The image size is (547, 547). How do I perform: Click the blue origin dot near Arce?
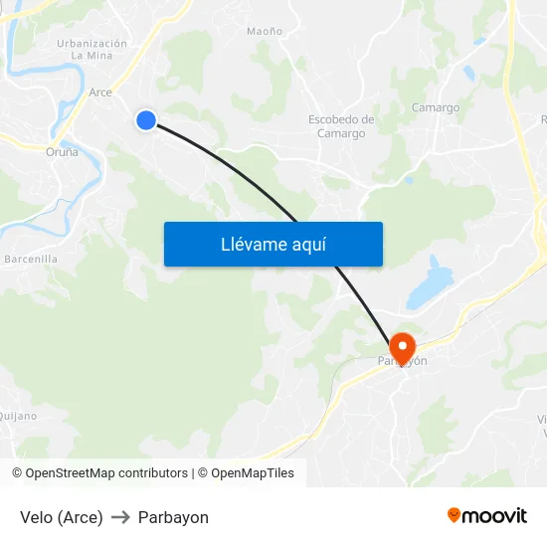(146, 120)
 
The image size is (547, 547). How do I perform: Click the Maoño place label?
(265, 32)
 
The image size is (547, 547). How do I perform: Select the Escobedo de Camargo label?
(341, 126)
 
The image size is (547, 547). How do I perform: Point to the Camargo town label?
(436, 107)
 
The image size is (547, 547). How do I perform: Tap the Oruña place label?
(62, 152)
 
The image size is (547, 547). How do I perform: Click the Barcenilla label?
(31, 259)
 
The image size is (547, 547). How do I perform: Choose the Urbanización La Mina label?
(91, 50)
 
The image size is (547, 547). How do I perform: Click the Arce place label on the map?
(100, 92)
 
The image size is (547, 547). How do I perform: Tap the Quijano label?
(18, 416)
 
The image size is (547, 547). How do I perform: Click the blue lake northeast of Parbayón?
(428, 280)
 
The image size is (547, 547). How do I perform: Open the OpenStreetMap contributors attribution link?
(106, 473)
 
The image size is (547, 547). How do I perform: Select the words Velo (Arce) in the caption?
(62, 517)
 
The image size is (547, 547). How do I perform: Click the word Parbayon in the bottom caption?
(173, 517)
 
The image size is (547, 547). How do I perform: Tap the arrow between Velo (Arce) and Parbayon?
(120, 517)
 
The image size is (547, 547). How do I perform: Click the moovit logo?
(487, 515)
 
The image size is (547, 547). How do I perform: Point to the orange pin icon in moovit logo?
(455, 515)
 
